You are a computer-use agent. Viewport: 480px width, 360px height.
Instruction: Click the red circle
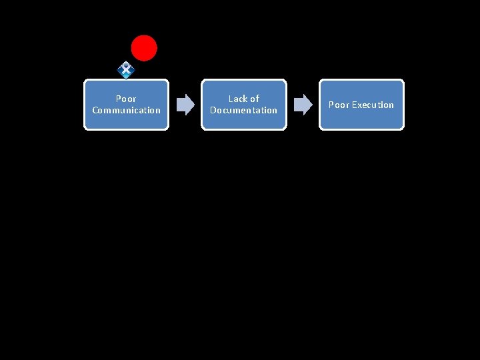pos(144,48)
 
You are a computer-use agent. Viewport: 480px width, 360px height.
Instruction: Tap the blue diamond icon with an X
pos(125,69)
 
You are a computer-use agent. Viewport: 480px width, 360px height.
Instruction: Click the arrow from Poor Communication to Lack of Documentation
pos(185,104)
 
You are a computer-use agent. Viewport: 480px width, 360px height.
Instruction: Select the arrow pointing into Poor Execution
pos(303,104)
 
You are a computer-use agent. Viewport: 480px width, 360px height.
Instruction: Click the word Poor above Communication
pos(126,99)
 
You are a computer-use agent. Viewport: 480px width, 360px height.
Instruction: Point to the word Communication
pos(127,110)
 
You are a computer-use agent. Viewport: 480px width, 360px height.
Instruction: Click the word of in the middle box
pos(255,99)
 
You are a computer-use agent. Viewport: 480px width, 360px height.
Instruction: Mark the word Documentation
pos(244,110)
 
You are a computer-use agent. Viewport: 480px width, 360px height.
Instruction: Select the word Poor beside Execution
pos(339,105)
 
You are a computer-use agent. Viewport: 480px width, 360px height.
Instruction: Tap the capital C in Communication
pos(95,110)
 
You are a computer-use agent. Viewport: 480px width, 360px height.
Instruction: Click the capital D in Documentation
pos(213,110)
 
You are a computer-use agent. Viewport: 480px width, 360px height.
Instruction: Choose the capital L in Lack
pos(231,99)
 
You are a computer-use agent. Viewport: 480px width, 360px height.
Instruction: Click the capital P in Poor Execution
pos(331,105)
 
